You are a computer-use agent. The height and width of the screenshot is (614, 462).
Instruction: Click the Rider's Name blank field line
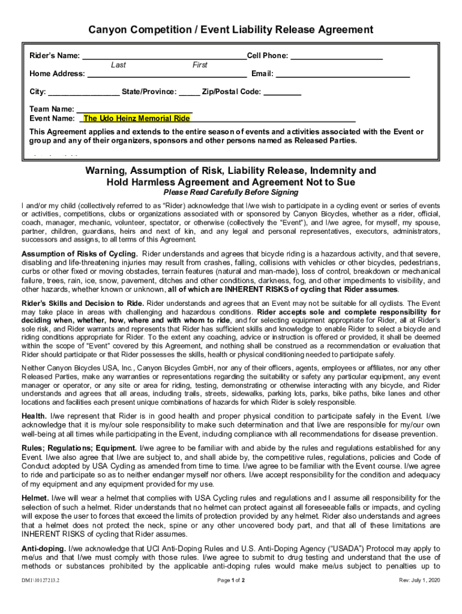coord(164,58)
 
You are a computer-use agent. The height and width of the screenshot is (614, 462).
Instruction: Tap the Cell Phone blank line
coord(337,58)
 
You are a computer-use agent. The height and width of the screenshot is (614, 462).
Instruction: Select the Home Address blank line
coord(167,76)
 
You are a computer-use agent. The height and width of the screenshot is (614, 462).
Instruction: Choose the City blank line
coord(83,94)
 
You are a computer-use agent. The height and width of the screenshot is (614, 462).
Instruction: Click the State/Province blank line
coord(189,94)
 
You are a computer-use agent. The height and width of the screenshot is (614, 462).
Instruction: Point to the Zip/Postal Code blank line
coord(282,94)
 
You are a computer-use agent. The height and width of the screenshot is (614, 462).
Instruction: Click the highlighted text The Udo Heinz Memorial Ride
coord(136,119)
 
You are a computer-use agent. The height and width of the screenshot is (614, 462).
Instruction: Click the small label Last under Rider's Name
coord(118,65)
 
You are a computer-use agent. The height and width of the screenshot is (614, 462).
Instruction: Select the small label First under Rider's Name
coord(200,65)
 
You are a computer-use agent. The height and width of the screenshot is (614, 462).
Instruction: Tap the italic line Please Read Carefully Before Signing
coord(231,193)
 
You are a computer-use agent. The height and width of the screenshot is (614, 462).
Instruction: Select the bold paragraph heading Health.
coord(34,416)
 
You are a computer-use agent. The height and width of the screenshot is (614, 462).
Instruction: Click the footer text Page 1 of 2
coord(230,581)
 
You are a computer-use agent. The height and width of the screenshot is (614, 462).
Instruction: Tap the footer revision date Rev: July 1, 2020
coord(420,581)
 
